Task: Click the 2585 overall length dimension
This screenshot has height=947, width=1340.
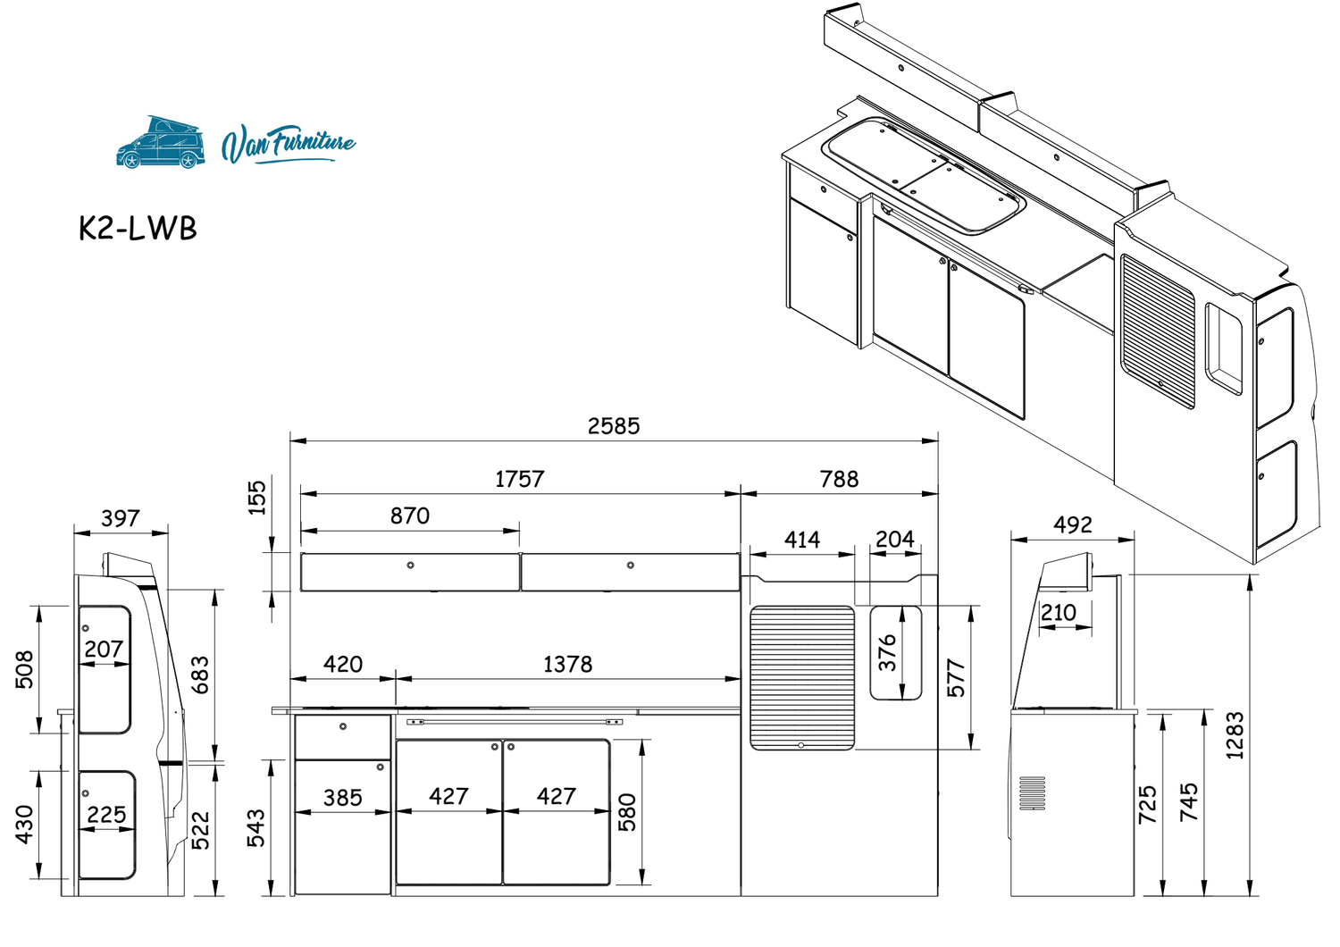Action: point(613,426)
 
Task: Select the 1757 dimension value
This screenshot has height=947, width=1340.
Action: point(519,479)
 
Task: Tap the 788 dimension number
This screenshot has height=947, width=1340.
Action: point(839,479)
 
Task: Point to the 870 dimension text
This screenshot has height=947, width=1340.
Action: point(410,515)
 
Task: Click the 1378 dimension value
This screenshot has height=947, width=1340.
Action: point(567,664)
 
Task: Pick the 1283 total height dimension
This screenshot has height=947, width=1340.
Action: point(1235,735)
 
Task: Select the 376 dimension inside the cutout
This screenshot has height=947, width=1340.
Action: point(887,653)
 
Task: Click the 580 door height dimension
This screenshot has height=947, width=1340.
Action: point(626,812)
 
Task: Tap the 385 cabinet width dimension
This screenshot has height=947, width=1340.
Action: point(343,798)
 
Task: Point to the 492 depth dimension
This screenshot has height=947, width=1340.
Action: point(1073,524)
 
